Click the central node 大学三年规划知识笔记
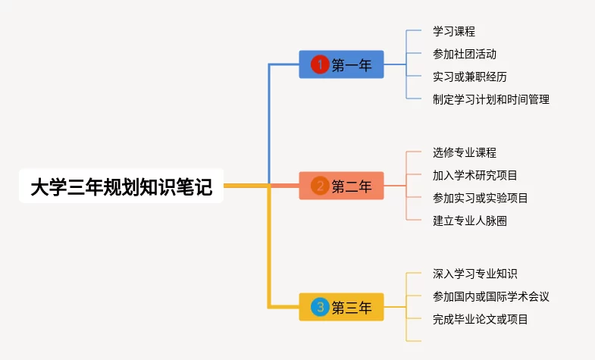tap(121, 186)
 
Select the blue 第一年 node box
tap(342, 65)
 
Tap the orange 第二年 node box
tap(342, 186)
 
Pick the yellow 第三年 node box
tap(342, 307)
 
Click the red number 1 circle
tap(320, 65)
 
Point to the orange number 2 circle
tap(320, 186)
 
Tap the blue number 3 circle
tap(320, 307)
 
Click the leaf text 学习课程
tap(453, 31)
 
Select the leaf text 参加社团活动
tap(464, 54)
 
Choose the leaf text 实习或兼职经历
tap(469, 77)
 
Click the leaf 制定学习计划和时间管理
tap(490, 99)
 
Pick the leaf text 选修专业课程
tap(464, 152)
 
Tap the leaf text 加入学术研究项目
tap(474, 175)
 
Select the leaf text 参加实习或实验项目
tap(480, 198)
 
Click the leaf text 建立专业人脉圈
tap(469, 221)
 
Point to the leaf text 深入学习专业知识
tap(474, 274)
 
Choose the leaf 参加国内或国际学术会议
tap(490, 296)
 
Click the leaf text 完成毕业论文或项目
tap(480, 319)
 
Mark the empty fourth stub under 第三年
tap(414, 341)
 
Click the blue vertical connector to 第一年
tap(269, 121)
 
